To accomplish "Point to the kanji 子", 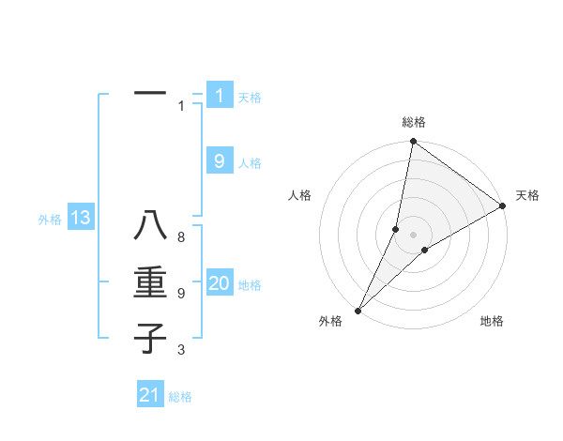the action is pos(150,338).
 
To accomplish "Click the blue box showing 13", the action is pos(80,219).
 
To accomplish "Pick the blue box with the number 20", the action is pos(219,284).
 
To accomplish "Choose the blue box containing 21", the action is pos(150,395).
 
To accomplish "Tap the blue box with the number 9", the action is pos(219,161).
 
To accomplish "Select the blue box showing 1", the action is pos(219,96).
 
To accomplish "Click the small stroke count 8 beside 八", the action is pos(181,237).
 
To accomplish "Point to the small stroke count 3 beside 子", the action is pos(181,350).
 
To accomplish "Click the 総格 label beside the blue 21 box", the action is pos(180,397).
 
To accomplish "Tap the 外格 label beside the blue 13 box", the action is pos(50,220).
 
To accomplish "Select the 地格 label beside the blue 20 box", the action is pos(250,285).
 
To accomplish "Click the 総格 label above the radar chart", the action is pos(413,122).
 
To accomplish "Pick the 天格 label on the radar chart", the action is pos(527,195).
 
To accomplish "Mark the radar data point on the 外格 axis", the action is pos(358,310).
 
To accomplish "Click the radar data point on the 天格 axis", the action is pos(503,205).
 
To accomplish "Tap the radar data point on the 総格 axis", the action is pos(413,142).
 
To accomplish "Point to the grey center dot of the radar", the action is pos(413,235).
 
